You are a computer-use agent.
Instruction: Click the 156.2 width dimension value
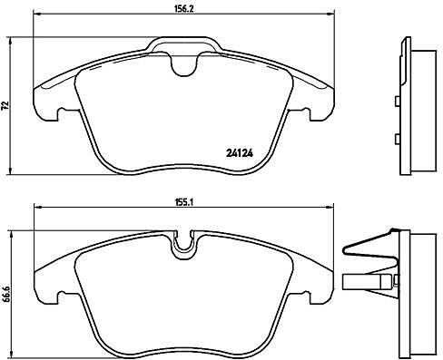click(x=183, y=8)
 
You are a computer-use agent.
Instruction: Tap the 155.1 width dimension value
click(x=183, y=202)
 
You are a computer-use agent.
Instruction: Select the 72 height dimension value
click(x=5, y=105)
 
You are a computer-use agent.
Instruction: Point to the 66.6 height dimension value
click(x=5, y=296)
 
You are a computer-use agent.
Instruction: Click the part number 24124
click(x=240, y=153)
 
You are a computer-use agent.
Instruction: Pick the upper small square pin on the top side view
click(x=397, y=101)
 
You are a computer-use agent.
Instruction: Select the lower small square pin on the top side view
click(x=397, y=140)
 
